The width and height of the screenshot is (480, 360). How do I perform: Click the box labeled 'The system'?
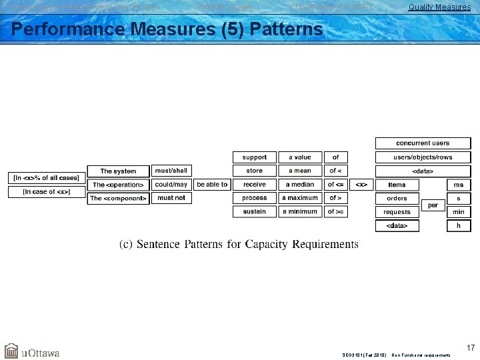click(118, 171)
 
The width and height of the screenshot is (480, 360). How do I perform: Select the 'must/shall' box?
click(171, 171)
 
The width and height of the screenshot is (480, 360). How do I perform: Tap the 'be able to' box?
click(212, 185)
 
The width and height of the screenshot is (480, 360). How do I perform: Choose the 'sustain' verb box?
click(254, 212)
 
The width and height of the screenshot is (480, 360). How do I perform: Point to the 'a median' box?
click(300, 185)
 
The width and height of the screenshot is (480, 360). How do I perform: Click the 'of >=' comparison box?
click(335, 212)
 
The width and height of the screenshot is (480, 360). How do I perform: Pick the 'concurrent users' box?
click(423, 143)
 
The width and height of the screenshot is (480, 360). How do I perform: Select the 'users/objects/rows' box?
click(423, 157)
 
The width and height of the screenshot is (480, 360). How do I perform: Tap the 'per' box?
click(433, 205)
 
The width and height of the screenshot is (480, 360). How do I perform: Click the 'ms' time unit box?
click(459, 185)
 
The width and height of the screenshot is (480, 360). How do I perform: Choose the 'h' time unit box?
click(459, 226)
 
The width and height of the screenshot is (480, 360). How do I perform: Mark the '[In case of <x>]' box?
click(45, 192)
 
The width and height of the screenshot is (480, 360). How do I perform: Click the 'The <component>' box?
click(118, 198)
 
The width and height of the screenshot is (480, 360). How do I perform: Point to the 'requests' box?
click(397, 212)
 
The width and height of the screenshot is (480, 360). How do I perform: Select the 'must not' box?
click(171, 198)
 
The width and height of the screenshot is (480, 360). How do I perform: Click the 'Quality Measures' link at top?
click(439, 7)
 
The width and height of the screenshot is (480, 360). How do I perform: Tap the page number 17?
click(471, 348)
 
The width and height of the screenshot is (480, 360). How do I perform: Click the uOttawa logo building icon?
click(11, 351)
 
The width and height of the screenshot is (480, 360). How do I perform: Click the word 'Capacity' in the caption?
click(286, 244)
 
